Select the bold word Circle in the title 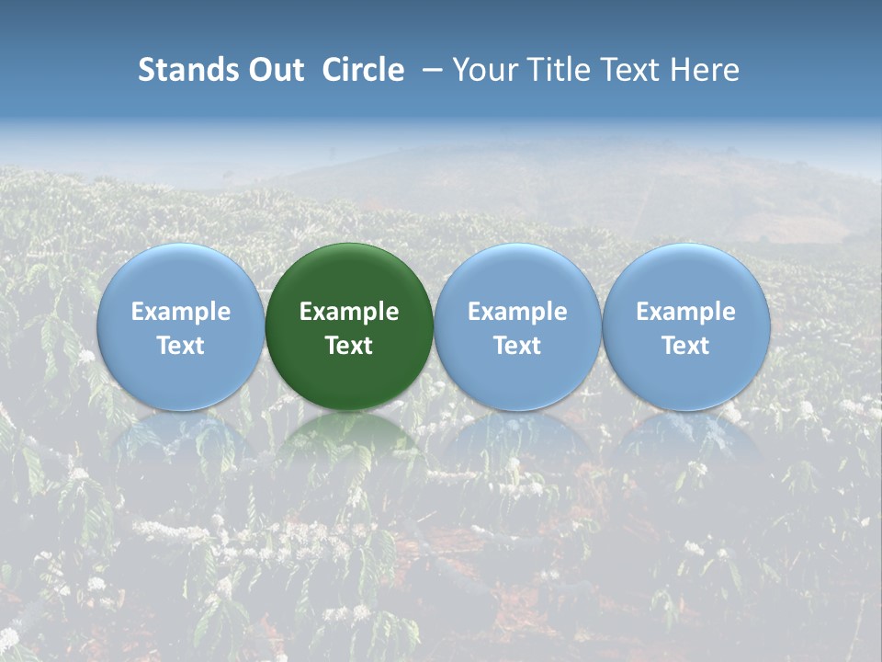363,70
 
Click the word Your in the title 483,70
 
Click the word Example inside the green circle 349,312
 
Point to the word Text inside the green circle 349,346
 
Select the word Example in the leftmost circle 181,312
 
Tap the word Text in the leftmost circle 181,346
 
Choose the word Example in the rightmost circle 685,312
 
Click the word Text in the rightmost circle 685,346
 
